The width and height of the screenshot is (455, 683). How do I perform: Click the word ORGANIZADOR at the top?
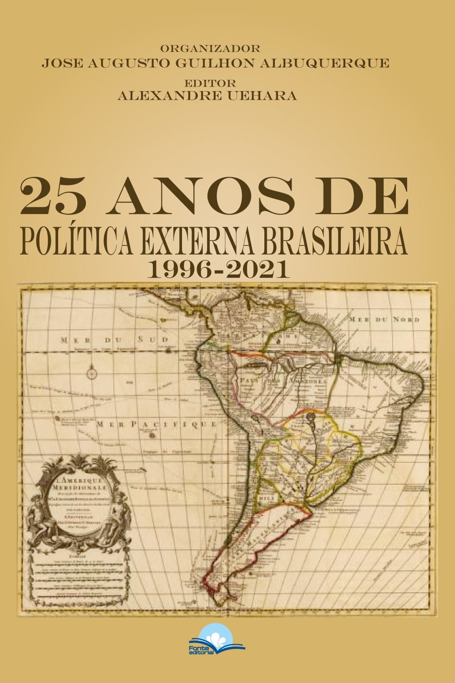tap(210, 48)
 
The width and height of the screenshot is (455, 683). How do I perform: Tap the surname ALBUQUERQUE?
tap(324, 63)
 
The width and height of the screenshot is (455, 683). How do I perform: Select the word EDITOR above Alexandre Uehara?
tap(210, 84)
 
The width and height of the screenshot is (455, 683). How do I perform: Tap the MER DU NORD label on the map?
tap(384, 319)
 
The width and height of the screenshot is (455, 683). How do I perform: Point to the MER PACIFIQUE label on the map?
tap(157, 424)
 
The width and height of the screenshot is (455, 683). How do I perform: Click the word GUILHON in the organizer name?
tap(217, 63)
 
